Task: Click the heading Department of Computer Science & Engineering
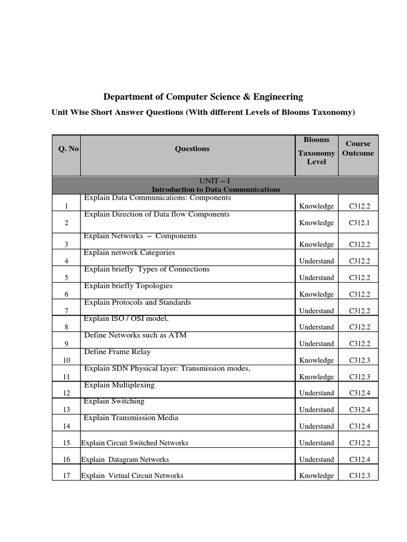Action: [x=203, y=97]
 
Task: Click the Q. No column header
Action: [x=68, y=149]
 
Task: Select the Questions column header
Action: [x=192, y=149]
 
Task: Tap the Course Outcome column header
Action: [x=358, y=148]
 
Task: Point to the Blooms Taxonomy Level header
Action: [x=316, y=150]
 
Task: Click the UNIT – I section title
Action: [x=216, y=181]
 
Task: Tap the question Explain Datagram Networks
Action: [x=125, y=459]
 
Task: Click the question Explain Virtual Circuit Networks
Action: [x=132, y=476]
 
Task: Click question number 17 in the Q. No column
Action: [x=67, y=476]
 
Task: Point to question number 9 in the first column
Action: [x=67, y=344]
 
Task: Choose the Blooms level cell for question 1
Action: [x=316, y=206]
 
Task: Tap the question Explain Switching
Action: [x=114, y=401]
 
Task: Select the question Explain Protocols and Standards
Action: [x=137, y=302]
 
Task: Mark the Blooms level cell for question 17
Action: [x=316, y=476]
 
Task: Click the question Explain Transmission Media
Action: [x=131, y=418]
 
